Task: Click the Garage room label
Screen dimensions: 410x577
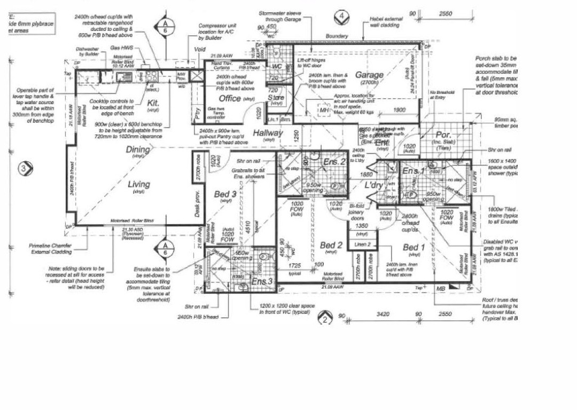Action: [369, 75]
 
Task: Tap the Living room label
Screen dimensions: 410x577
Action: [138, 184]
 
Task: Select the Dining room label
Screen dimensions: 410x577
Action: [138, 150]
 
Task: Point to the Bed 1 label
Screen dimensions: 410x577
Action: [414, 247]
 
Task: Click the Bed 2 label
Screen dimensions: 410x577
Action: [331, 245]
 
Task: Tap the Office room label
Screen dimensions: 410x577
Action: [230, 99]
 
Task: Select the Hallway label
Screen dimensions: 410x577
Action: [268, 132]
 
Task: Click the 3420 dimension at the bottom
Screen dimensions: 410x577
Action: [382, 315]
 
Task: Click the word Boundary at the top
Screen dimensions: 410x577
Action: [337, 36]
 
